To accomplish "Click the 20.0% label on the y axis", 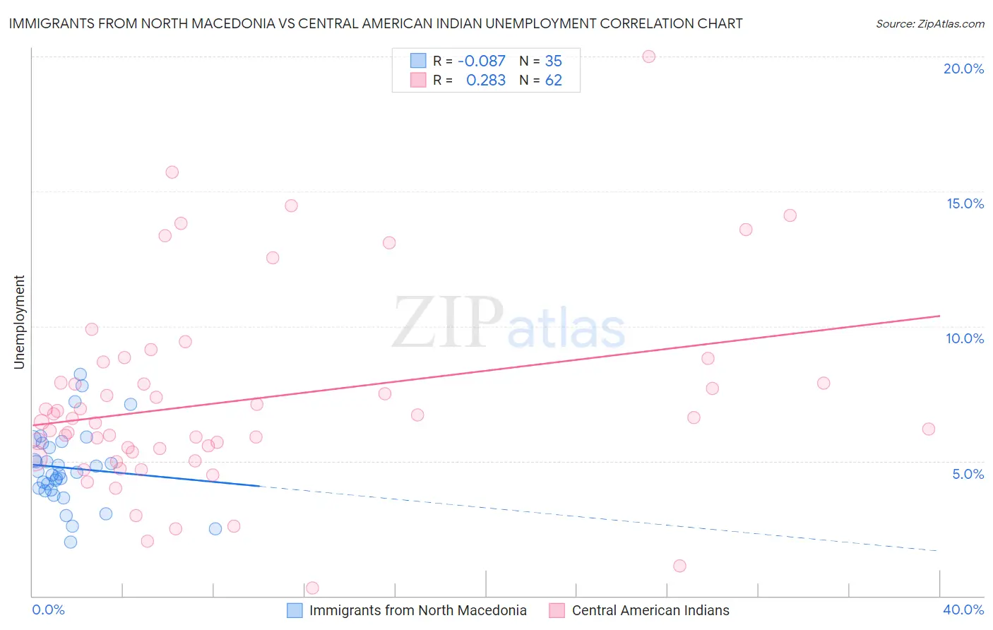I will pyautogui.click(x=963, y=69).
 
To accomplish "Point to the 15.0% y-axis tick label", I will pyautogui.click(x=965, y=203).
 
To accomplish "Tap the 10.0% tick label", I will pyautogui.click(x=965, y=338).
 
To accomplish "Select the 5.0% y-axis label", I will pyautogui.click(x=968, y=474).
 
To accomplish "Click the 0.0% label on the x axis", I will pyautogui.click(x=48, y=610).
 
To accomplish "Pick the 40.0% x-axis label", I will pyautogui.click(x=963, y=610).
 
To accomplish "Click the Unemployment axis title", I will pyautogui.click(x=19, y=322).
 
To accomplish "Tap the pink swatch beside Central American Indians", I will pyautogui.click(x=557, y=610).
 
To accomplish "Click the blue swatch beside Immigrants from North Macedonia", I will pyautogui.click(x=295, y=610).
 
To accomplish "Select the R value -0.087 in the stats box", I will pyautogui.click(x=482, y=61).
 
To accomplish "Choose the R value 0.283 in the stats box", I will pyautogui.click(x=486, y=81).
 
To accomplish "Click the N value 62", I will pyautogui.click(x=553, y=81).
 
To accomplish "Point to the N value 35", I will pyautogui.click(x=553, y=61).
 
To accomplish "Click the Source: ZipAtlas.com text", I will pyautogui.click(x=929, y=24).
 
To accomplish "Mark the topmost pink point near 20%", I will pyautogui.click(x=648, y=57).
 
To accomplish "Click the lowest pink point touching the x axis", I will pyautogui.click(x=312, y=588).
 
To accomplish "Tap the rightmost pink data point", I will pyautogui.click(x=929, y=429).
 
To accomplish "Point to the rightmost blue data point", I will pyautogui.click(x=215, y=529).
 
